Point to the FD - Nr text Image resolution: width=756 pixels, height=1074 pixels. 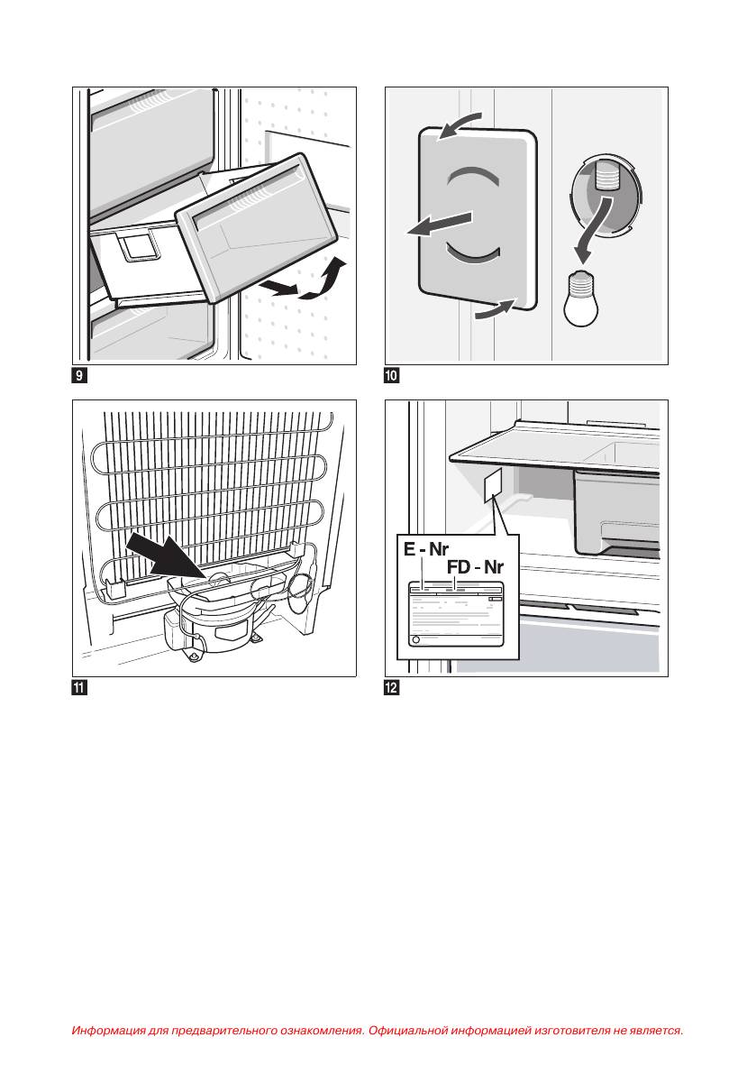coord(475,569)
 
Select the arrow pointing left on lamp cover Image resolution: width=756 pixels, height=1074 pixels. coord(439,224)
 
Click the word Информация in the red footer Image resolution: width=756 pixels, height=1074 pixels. coord(106,1030)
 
